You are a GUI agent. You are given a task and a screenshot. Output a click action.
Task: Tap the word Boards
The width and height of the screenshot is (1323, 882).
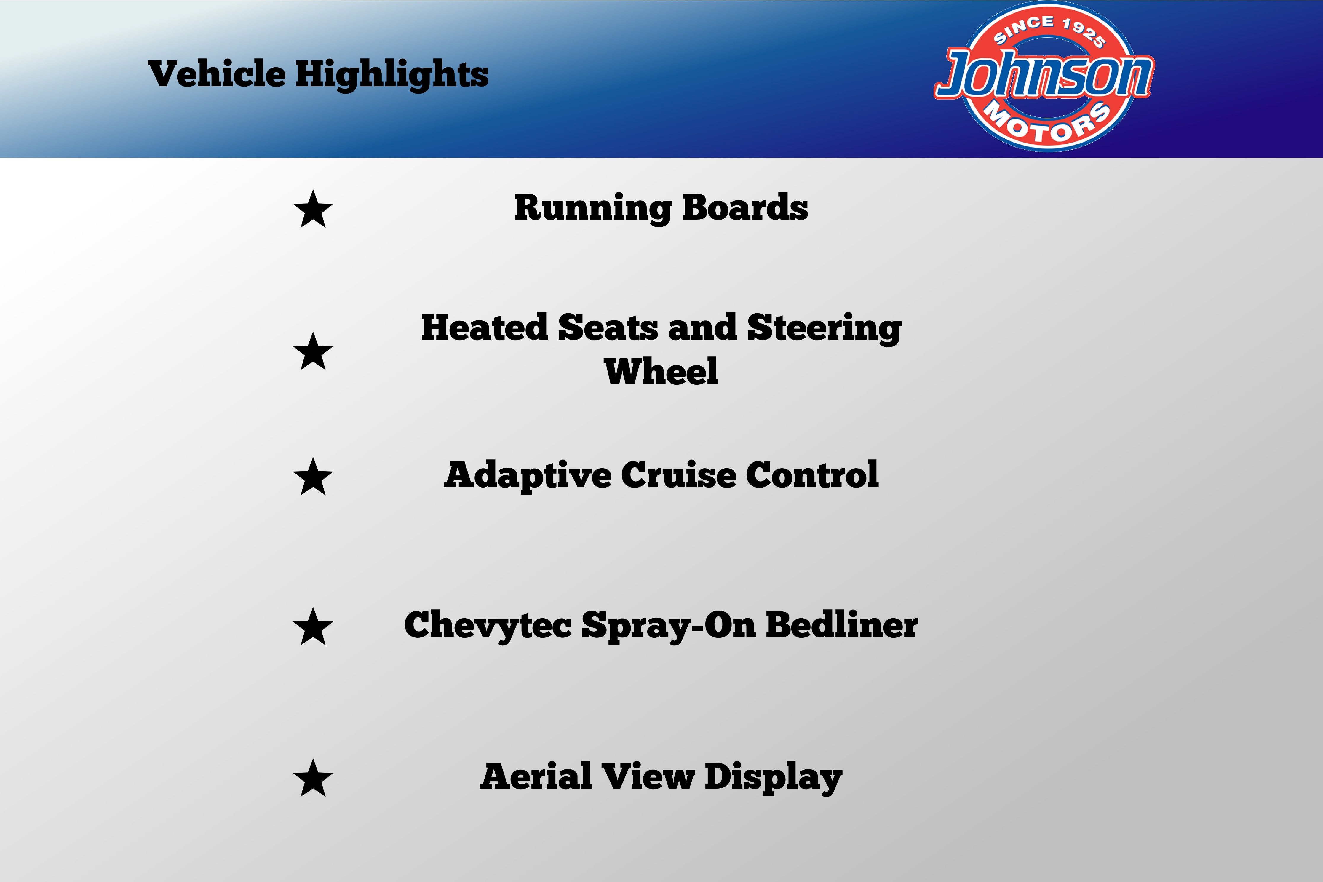[745, 207]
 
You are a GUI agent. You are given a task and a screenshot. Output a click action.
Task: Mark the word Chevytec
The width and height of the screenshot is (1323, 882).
[488, 626]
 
